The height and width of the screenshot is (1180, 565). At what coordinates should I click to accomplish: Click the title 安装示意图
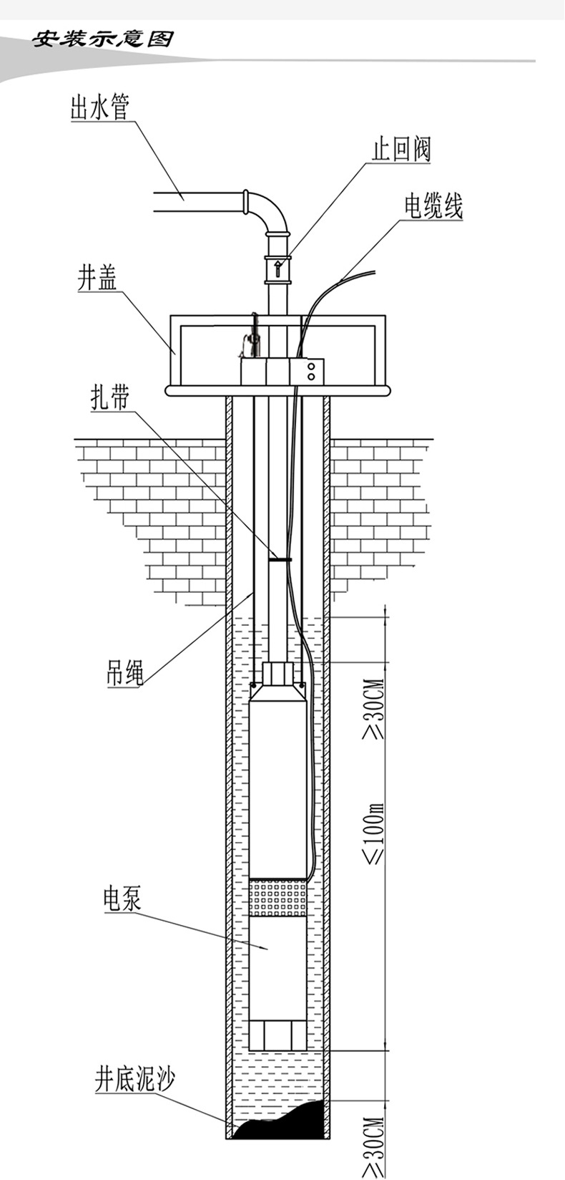click(103, 39)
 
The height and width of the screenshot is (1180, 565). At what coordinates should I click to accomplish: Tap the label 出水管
click(99, 110)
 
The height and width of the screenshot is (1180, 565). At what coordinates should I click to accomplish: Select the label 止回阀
click(401, 150)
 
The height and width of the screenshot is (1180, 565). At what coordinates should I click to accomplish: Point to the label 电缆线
click(433, 207)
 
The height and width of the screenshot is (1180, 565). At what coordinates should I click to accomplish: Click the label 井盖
click(97, 279)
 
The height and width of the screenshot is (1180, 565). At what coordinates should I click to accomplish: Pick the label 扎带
click(109, 398)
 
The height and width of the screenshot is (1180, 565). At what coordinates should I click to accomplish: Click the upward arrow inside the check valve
click(277, 269)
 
